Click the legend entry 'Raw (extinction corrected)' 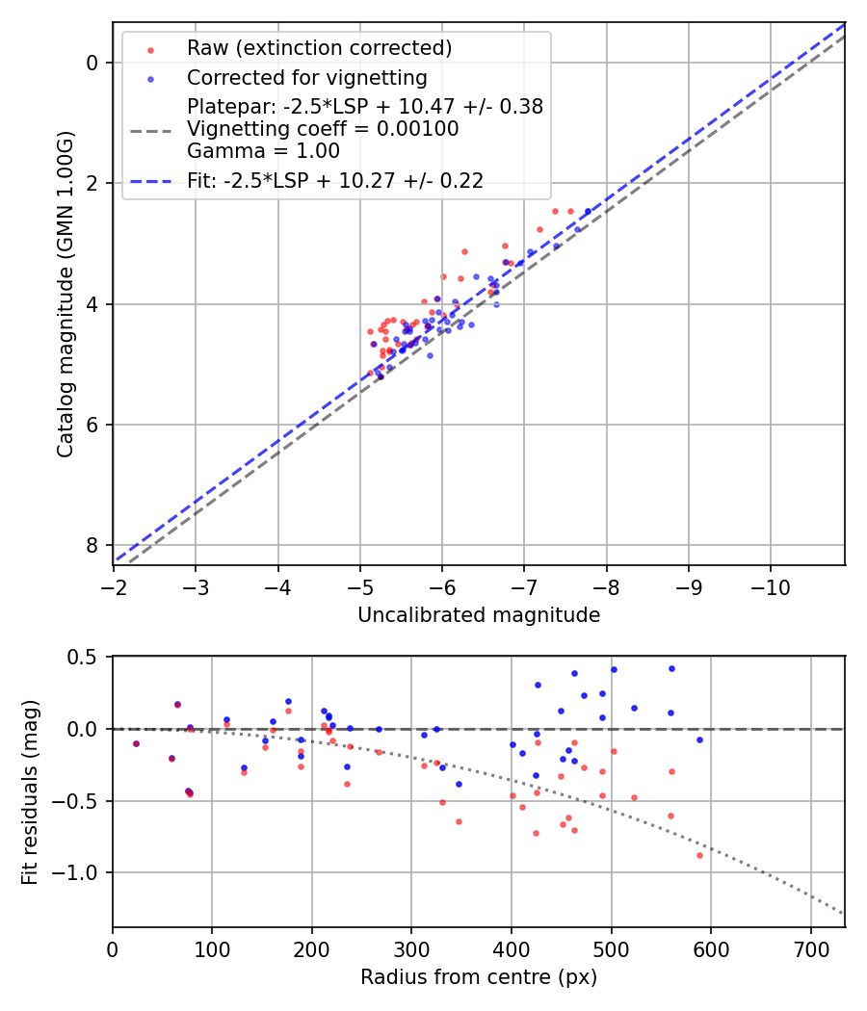[319, 48]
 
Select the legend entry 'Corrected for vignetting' [306, 77]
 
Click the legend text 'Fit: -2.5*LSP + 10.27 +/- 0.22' [335, 180]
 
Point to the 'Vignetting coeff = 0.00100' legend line [323, 128]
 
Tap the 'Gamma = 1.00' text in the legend [263, 150]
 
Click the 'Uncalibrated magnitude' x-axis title [479, 615]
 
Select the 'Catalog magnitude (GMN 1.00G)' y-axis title [65, 294]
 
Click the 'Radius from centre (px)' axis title [479, 977]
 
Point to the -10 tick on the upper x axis [771, 586]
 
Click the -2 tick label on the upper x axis [114, 586]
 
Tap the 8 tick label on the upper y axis [92, 545]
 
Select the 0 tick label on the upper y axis [92, 63]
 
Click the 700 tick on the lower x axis [810, 948]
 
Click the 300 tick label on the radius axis [411, 948]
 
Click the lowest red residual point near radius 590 [699, 855]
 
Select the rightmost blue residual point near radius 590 [699, 739]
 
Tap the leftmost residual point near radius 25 [136, 743]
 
